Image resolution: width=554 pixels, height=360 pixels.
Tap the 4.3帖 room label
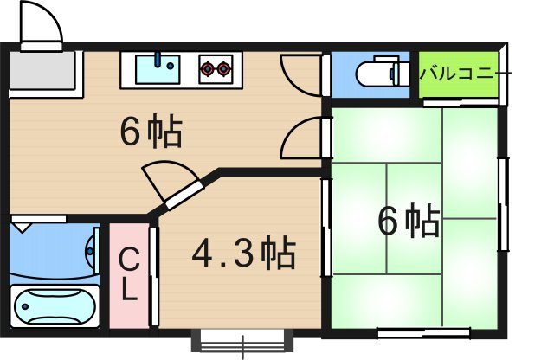244,254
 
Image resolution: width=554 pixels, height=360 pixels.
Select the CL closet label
128,274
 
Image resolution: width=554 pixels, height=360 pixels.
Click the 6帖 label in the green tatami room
409,222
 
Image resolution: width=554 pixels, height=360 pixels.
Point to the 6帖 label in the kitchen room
151,132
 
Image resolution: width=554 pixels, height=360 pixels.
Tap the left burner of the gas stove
208,66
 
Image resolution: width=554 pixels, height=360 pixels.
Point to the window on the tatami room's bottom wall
424,330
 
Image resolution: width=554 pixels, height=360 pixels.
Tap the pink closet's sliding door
153,275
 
